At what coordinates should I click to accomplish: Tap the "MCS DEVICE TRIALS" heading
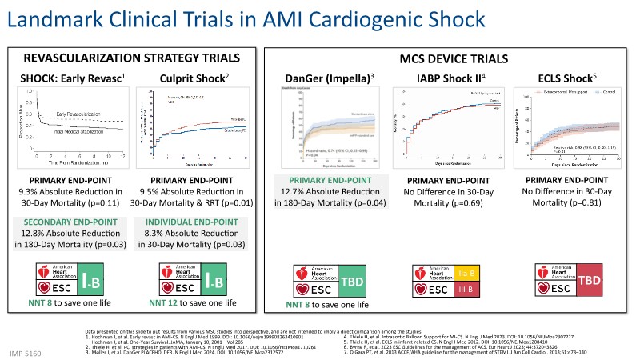tap(453, 58)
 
